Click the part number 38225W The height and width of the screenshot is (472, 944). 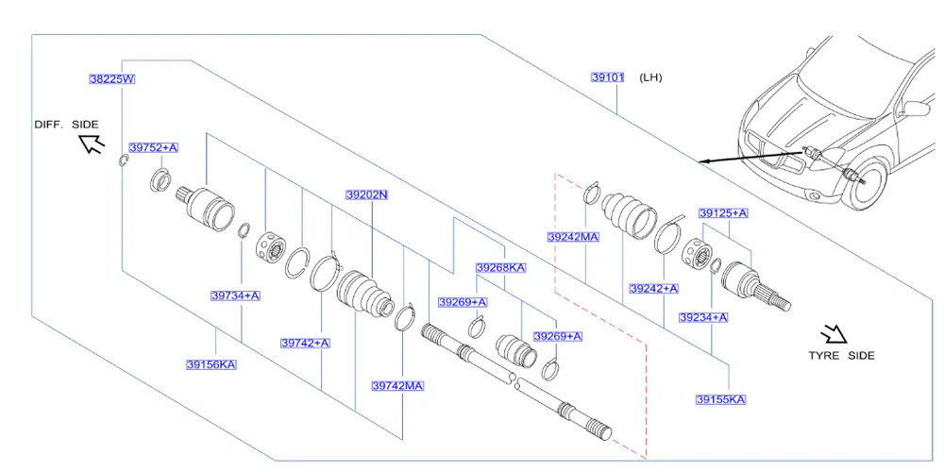(112, 80)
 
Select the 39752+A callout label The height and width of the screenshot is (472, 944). (153, 148)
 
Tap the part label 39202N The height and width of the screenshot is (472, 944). (366, 195)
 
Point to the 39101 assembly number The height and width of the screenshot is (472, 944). (609, 77)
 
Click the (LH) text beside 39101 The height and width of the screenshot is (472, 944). (650, 77)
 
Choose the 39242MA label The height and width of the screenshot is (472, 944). (573, 237)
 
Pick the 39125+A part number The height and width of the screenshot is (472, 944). (722, 213)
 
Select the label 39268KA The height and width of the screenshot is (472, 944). (500, 268)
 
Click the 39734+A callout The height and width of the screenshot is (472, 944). (235, 295)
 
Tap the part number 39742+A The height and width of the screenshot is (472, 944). (305, 343)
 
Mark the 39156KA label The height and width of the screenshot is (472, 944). (211, 364)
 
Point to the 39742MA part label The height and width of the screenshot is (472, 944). (397, 385)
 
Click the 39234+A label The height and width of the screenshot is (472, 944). (703, 317)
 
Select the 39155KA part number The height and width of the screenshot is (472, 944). (720, 399)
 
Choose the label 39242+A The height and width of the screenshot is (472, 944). (654, 288)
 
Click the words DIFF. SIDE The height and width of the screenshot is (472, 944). (66, 125)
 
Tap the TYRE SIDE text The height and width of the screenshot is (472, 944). (841, 356)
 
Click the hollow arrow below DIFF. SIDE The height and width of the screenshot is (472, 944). (92, 144)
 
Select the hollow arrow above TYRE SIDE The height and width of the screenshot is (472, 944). (834, 334)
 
